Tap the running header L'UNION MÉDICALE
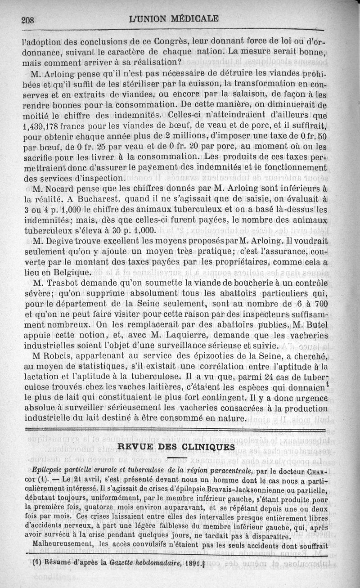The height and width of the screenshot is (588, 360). (x=173, y=19)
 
